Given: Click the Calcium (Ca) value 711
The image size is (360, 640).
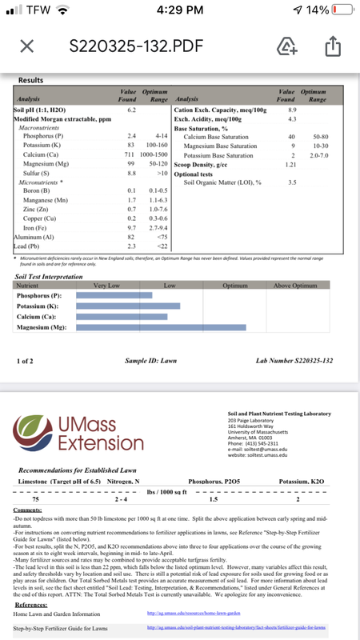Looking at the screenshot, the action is tap(130, 154).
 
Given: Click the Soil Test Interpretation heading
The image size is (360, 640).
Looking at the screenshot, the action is tap(54, 277).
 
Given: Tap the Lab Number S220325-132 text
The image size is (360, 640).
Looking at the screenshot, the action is tap(294, 362).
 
